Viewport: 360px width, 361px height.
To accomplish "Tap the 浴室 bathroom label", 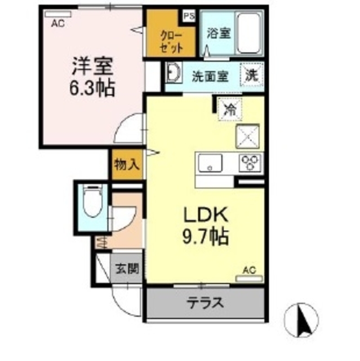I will click(218, 33).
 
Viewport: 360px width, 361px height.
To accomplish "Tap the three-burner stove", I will click(248, 163).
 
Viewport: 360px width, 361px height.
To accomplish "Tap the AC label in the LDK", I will click(249, 271).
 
